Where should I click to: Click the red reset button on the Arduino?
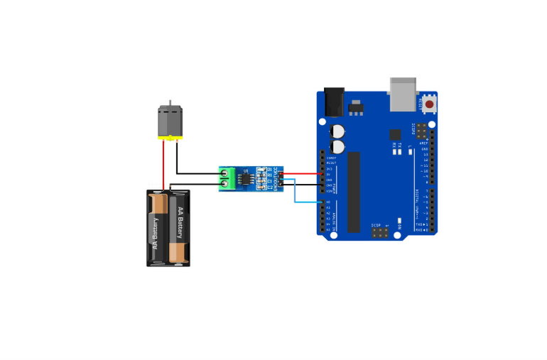(x=429, y=104)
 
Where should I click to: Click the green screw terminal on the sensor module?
(x=227, y=178)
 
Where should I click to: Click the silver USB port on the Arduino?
(x=402, y=94)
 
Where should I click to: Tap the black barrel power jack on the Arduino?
(x=333, y=101)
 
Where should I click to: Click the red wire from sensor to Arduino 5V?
(x=302, y=173)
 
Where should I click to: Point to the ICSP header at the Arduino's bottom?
(x=379, y=231)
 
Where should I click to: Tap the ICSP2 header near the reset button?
(x=423, y=133)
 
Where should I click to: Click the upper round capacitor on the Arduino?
(x=337, y=131)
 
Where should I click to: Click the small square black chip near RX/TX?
(x=395, y=133)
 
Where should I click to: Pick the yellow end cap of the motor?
(x=169, y=138)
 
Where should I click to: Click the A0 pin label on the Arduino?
(x=328, y=202)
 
